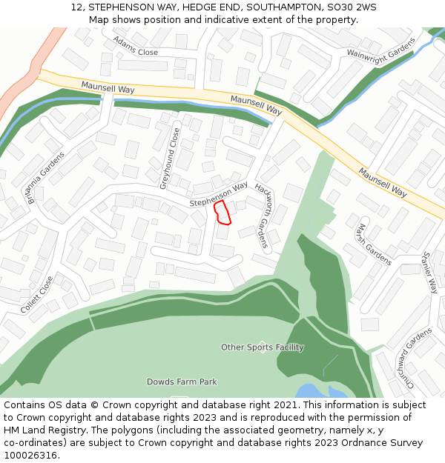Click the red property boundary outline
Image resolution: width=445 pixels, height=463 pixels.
click(222, 212)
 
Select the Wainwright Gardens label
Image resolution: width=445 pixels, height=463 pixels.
click(382, 53)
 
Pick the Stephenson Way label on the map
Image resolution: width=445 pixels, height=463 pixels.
click(218, 195)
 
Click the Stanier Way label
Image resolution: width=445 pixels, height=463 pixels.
click(430, 272)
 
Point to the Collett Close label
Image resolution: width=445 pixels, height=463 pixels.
click(37, 295)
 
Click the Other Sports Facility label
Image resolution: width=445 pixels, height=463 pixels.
click(263, 347)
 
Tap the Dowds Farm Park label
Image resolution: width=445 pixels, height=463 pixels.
click(182, 382)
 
